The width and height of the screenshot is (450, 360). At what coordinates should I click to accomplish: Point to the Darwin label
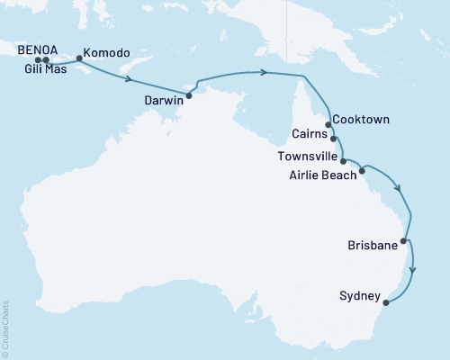pos(164,101)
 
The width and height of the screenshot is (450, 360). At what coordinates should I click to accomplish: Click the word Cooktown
pos(362,119)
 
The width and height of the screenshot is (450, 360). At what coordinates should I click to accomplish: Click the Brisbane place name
pos(373,245)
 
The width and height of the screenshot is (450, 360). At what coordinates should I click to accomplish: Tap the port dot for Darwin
pos(188,94)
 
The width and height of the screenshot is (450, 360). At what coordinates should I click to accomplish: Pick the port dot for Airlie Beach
pos(362,169)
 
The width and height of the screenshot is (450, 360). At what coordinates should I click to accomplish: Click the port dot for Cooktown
pos(328,125)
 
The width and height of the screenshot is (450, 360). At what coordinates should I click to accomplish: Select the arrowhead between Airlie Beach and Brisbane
pos(400,189)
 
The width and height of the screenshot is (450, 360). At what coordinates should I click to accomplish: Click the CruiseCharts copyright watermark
pos(5,328)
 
